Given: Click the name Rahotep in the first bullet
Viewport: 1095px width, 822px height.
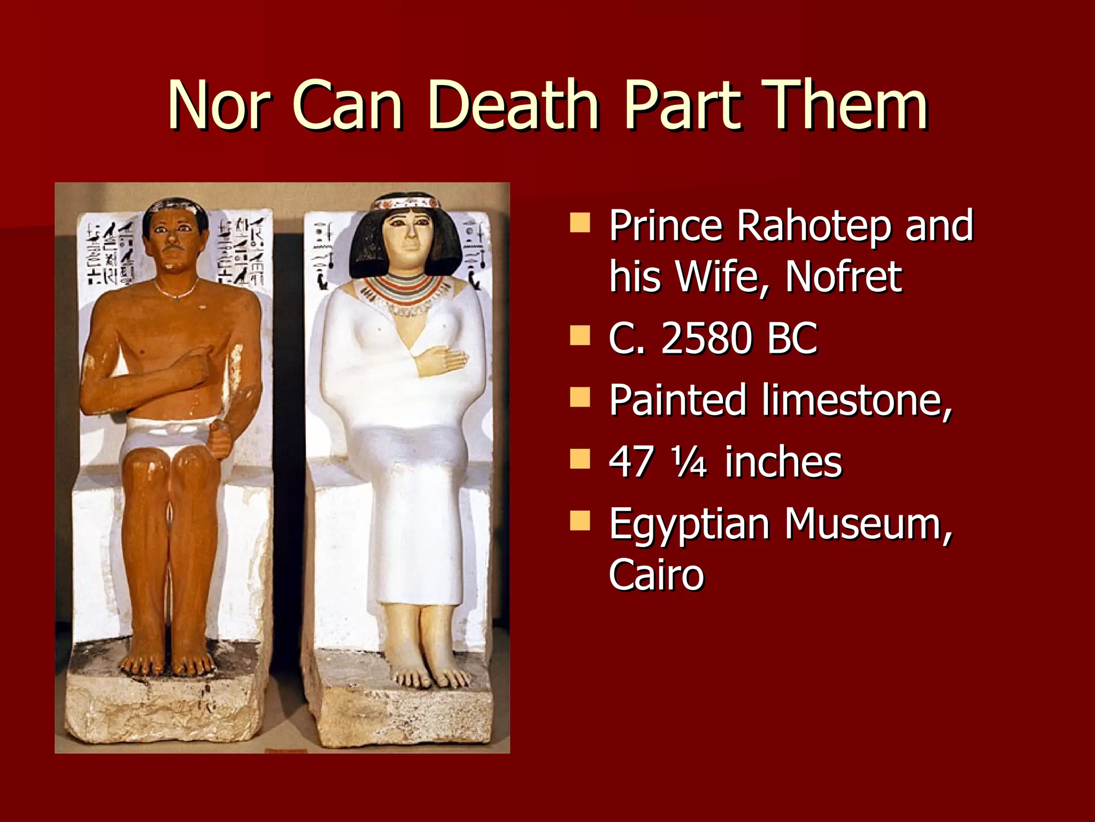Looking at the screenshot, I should [813, 227].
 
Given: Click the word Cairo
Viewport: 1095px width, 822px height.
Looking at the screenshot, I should [657, 574].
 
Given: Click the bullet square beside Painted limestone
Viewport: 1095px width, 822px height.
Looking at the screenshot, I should [580, 398].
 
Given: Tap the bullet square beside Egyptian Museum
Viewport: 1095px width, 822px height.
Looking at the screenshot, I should [580, 521].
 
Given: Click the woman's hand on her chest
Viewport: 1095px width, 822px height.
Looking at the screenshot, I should [441, 360].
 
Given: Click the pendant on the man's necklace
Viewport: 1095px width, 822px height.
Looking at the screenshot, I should [177, 300].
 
